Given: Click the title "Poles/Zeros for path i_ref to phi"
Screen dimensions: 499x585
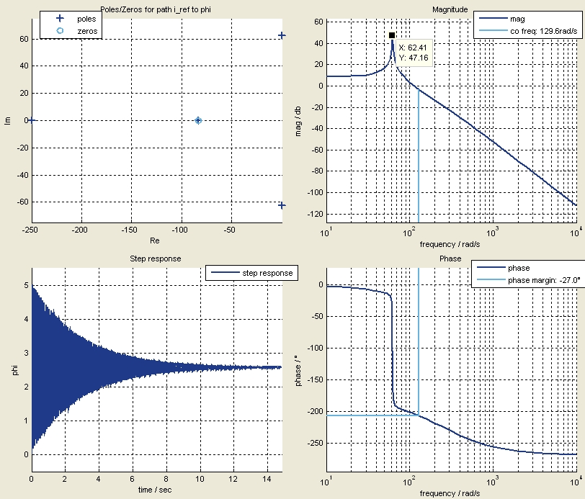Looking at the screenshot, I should coord(155,9).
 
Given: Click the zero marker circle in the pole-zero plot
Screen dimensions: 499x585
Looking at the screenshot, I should coord(198,120).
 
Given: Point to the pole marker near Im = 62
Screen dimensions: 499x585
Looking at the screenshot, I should coord(282,35).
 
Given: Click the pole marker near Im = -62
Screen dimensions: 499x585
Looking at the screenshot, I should coord(282,206).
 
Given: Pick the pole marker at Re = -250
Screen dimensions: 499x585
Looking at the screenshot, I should coord(32,120).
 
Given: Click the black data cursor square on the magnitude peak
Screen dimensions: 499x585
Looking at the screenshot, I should coord(392,35).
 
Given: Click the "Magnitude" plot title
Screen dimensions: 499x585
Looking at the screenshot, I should coord(450,9).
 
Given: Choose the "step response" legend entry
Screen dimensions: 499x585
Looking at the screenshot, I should coord(267,273).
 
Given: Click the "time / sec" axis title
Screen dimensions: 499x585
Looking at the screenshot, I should coord(156,489).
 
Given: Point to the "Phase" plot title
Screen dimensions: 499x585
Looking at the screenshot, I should coord(450,259).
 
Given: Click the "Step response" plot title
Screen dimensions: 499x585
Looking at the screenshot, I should coord(155,259).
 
